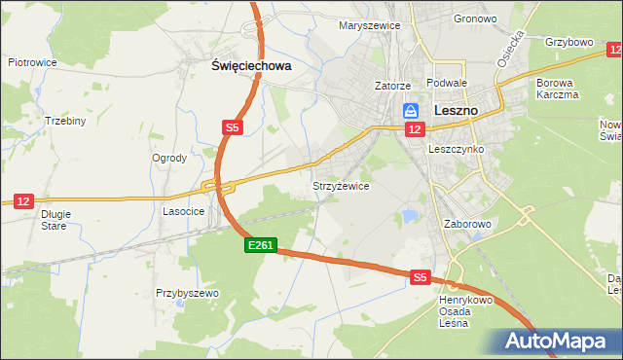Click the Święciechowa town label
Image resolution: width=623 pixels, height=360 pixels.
point(252,66)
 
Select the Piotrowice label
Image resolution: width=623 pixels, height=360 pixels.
point(32,61)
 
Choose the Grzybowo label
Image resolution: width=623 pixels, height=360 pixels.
point(569,43)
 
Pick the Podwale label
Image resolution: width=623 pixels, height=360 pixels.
point(448,85)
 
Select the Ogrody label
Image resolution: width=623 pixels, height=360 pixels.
point(169,158)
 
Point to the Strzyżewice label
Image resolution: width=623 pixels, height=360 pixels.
point(340,186)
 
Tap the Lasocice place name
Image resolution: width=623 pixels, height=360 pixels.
point(183,210)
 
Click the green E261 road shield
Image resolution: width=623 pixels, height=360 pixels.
point(260,247)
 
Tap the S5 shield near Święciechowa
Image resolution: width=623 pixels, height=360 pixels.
point(231,127)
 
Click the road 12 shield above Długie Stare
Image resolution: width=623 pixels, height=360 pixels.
point(24,199)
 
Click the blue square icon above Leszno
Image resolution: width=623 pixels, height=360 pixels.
point(411,112)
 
